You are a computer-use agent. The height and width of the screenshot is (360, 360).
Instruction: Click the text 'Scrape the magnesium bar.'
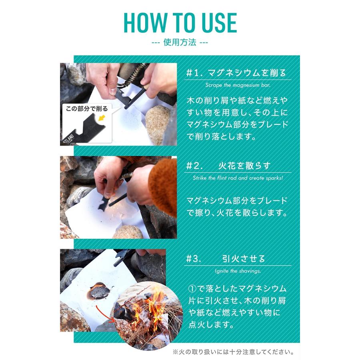237,85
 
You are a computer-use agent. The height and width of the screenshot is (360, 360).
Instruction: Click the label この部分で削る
87,108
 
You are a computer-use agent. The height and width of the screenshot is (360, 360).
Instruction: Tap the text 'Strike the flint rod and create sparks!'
238,178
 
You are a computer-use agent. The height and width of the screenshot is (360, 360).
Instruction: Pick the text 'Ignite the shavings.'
238,270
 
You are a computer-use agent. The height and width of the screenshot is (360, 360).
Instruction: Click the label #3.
193,259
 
